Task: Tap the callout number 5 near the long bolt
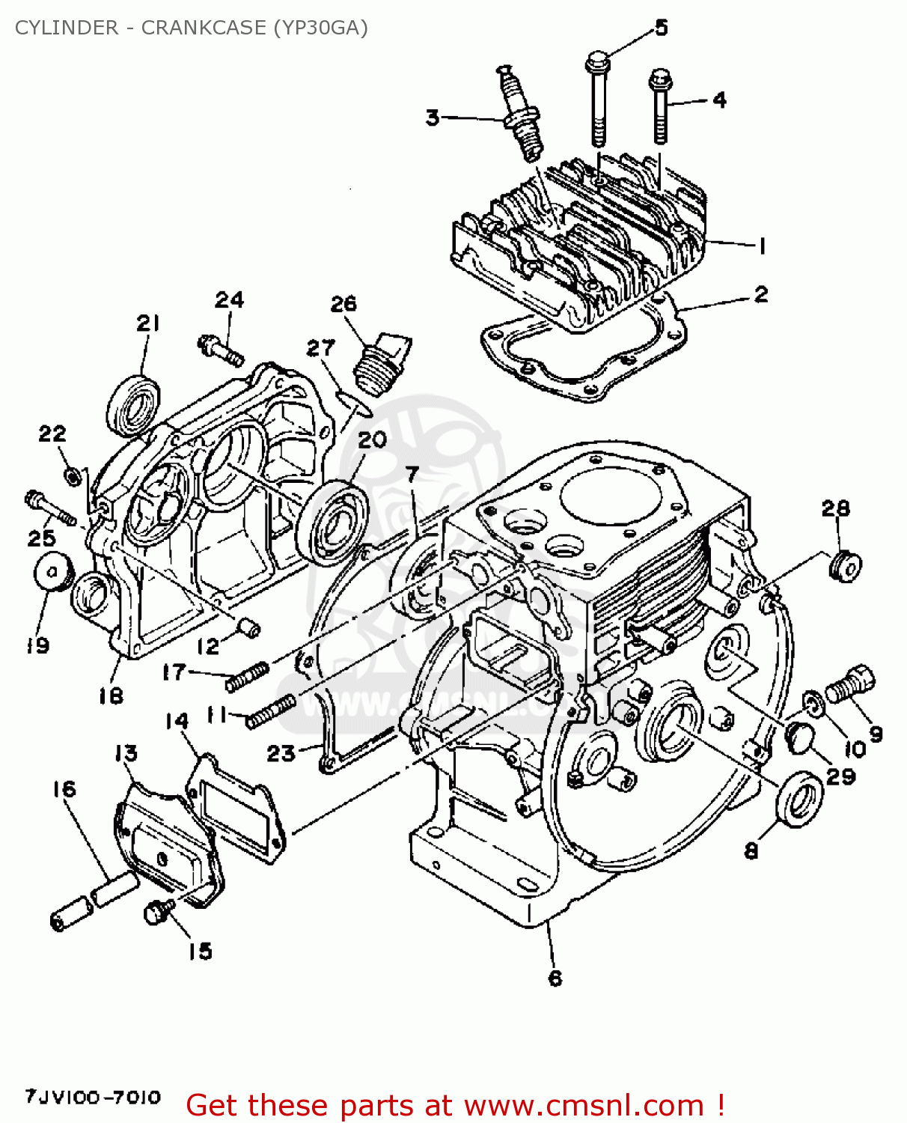pos(661,28)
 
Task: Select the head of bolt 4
pos(659,79)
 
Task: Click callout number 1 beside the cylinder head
pos(762,246)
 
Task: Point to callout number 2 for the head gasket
pos(760,294)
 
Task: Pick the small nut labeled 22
pos(72,475)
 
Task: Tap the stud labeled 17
pos(247,677)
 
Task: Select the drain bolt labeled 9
pos(850,684)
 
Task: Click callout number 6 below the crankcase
pos(555,978)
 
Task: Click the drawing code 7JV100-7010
pos(93,1098)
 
